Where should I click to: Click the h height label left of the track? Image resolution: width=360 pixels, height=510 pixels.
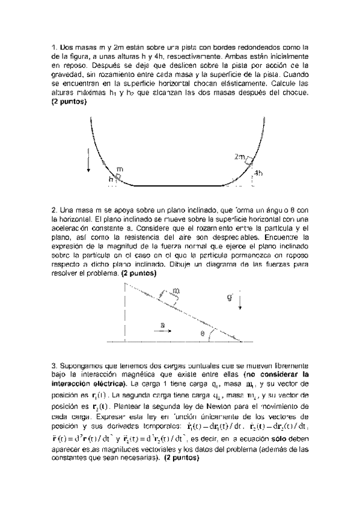point(111,179)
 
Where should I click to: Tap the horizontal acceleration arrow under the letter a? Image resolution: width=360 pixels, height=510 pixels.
point(162,331)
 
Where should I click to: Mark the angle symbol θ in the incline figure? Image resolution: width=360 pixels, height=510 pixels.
point(203,333)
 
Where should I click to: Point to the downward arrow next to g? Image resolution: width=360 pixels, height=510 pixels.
point(240,301)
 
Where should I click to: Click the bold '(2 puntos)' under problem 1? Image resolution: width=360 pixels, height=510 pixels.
point(69,102)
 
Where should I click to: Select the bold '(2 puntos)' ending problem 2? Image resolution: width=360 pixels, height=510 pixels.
point(139,273)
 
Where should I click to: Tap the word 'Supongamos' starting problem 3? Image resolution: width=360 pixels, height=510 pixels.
point(80,364)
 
